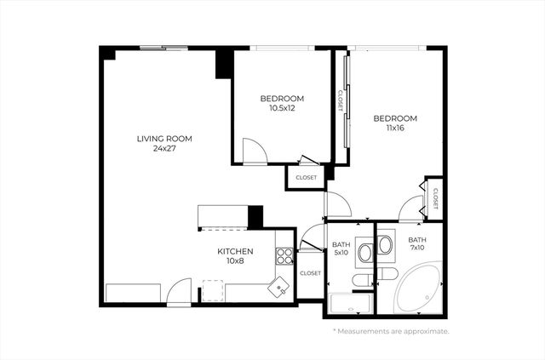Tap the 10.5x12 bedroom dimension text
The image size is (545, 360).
(x=281, y=108)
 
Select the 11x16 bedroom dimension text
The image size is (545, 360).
(x=395, y=128)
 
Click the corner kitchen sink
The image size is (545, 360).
(x=279, y=288)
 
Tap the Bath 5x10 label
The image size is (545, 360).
(x=341, y=249)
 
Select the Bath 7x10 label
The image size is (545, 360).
(x=417, y=245)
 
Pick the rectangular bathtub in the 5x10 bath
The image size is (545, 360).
(x=349, y=301)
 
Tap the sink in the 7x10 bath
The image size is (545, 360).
(x=385, y=246)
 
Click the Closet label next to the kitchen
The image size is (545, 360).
(x=310, y=273)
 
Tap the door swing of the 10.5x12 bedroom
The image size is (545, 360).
(x=254, y=151)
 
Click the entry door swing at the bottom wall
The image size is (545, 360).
(x=179, y=292)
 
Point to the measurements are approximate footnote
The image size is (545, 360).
(x=391, y=331)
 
